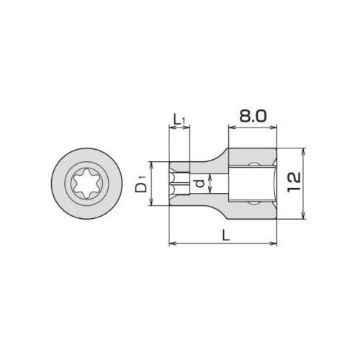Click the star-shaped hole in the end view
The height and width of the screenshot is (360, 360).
pyautogui.click(x=85, y=184)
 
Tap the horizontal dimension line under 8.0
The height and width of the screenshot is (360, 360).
pyautogui.click(x=253, y=128)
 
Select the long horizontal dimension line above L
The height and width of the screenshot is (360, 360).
pyautogui.click(x=222, y=244)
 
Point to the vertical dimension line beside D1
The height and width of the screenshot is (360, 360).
pyautogui.click(x=153, y=184)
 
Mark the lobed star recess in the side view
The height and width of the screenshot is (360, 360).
pyautogui.click(x=179, y=184)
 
